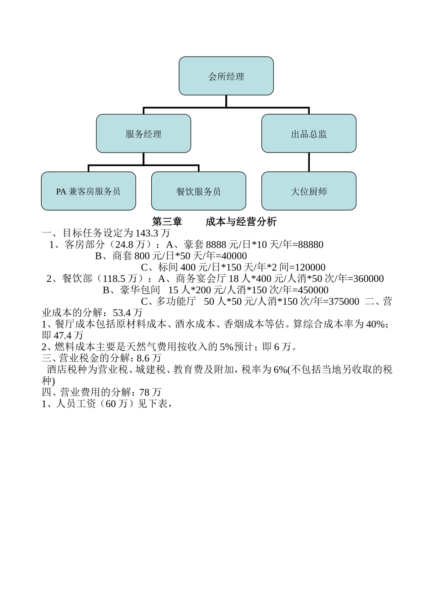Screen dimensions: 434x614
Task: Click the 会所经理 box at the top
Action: [226, 76]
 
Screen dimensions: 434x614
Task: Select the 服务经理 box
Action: [143, 134]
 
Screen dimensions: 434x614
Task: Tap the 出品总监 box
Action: [309, 134]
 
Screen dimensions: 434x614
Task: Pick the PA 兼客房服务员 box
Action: [89, 191]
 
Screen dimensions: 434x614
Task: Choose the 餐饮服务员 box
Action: [199, 191]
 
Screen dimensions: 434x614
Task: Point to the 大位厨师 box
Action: [309, 191]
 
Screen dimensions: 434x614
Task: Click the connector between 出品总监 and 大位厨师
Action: [309, 162]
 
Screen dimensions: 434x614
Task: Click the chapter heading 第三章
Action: [167, 222]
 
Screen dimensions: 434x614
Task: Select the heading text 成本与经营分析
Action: [241, 222]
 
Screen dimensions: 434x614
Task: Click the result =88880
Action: [308, 245]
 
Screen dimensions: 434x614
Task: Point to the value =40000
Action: [231, 256]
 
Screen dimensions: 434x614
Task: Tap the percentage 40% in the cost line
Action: [376, 324]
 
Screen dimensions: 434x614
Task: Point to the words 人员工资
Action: [78, 404]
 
